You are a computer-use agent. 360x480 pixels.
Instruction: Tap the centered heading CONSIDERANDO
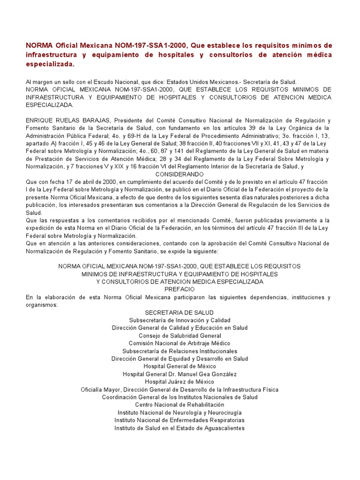point(180,173)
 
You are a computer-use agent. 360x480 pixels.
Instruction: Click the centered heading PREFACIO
point(180,289)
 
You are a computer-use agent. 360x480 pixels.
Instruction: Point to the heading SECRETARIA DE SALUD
point(180,312)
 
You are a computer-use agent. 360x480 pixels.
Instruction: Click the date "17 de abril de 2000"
point(75,181)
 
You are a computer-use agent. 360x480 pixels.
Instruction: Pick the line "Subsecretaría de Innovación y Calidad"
point(180,320)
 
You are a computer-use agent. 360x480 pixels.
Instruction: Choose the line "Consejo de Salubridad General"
point(180,336)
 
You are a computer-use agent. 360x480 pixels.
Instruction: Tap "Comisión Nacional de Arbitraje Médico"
point(180,343)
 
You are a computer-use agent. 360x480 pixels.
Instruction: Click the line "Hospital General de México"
point(180,366)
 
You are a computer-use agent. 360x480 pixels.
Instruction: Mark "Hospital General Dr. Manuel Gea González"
point(180,374)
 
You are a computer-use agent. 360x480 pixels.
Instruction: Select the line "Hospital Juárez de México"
point(180,382)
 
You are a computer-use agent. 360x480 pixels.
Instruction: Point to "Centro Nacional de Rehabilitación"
point(180,405)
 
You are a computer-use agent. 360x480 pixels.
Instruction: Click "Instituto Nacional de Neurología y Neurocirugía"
point(180,412)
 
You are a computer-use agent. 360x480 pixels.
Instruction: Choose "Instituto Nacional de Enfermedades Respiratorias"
point(180,420)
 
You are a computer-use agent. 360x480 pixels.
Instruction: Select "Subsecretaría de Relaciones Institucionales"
point(180,351)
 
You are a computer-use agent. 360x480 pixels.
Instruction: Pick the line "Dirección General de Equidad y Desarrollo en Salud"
point(180,359)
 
